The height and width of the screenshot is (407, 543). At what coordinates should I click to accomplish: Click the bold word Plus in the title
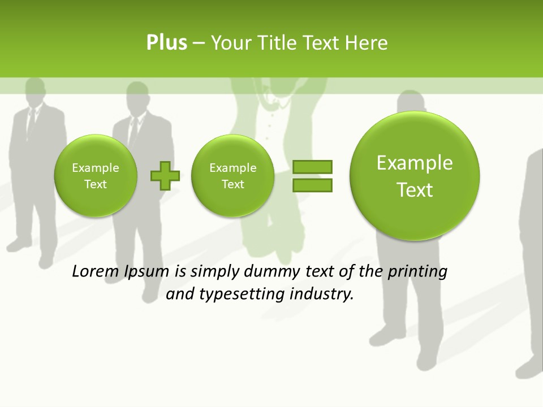coord(166,43)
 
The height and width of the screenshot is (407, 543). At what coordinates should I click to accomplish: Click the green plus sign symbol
coord(165,176)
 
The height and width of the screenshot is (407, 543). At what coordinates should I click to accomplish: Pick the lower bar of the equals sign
coord(312,185)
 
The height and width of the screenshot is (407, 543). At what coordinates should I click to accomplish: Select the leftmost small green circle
coord(96,176)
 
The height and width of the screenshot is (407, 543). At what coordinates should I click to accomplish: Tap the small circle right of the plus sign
coord(232,176)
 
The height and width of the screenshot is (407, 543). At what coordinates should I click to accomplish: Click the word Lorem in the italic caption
coord(96,271)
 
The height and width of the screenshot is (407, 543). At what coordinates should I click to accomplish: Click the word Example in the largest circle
coord(415,163)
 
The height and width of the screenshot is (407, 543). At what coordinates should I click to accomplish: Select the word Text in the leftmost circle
coord(96,184)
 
